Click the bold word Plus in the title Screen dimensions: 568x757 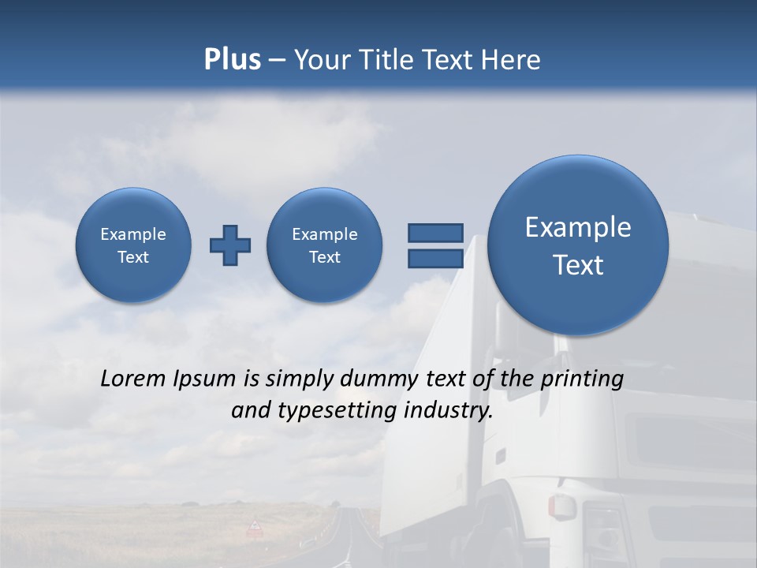(232, 60)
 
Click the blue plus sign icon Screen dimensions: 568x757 (230, 245)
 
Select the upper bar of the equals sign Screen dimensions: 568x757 (435, 233)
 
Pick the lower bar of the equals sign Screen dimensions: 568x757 (435, 259)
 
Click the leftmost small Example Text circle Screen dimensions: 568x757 (133, 245)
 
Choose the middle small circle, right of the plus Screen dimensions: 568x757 (325, 245)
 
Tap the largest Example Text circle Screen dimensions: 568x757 (578, 245)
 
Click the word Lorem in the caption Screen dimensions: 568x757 (133, 379)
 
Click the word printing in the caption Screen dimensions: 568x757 (581, 379)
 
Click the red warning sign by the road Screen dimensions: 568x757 (255, 527)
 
